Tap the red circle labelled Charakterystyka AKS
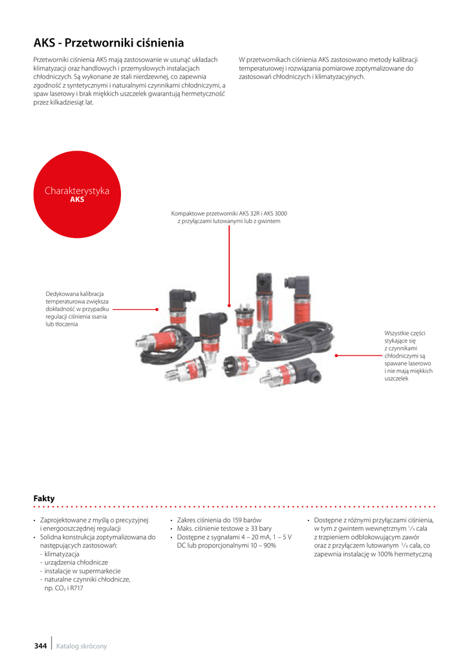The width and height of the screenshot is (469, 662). point(77,194)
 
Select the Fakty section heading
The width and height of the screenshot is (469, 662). point(44,498)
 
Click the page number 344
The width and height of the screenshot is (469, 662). point(41,646)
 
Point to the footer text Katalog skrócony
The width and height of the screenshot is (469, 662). point(82,646)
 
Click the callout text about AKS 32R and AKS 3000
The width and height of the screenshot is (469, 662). point(229,217)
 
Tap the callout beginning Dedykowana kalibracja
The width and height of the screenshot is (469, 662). point(77,308)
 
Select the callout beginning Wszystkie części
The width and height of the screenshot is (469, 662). point(408,356)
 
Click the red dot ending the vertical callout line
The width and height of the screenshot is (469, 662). point(229,305)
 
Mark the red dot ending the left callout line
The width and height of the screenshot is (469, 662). point(157,310)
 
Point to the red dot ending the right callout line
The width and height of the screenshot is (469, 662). point(336,356)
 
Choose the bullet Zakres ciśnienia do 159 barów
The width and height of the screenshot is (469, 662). point(219,520)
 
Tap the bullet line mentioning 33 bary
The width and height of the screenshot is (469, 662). point(224,528)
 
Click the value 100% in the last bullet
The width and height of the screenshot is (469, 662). point(385,554)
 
